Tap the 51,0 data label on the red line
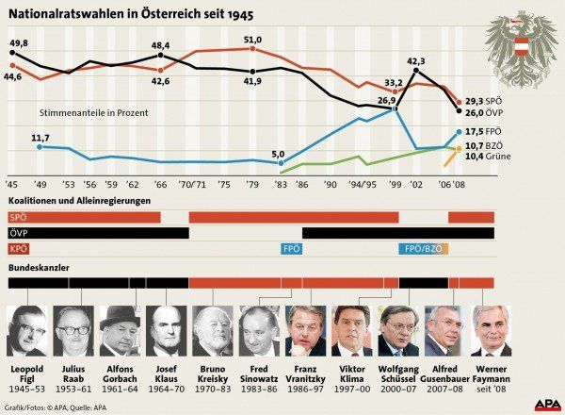point(252,40)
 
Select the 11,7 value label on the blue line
point(40,138)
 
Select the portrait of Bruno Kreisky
point(213,329)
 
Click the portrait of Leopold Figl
point(25,329)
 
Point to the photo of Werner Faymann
point(492,329)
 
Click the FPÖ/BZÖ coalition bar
point(419,249)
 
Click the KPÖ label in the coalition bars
point(18,249)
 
